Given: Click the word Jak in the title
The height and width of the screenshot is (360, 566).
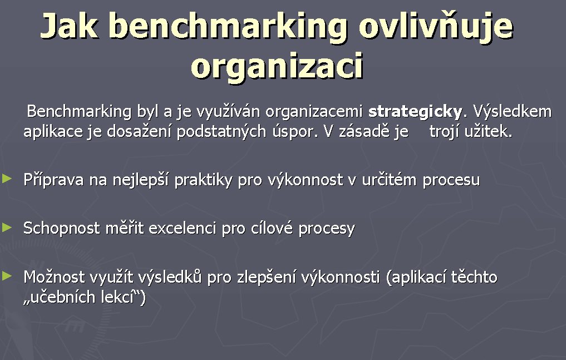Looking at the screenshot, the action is point(70,26).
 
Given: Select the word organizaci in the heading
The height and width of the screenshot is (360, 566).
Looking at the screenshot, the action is point(277,66).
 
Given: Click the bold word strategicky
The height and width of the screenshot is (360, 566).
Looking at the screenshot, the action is point(415,111).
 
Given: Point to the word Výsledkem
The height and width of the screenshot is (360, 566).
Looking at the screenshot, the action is point(512,111).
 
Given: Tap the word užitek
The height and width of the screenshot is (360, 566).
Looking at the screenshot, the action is point(489,131).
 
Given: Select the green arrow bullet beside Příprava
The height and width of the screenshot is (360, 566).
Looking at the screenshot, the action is point(7,178).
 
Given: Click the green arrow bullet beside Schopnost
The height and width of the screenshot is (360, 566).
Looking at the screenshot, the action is point(7,227).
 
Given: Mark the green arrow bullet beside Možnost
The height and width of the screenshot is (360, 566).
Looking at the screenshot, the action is point(7,276).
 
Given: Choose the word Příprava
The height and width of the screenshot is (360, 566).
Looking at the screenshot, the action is point(53,180).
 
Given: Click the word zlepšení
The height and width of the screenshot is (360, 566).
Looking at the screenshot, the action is point(266,278).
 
